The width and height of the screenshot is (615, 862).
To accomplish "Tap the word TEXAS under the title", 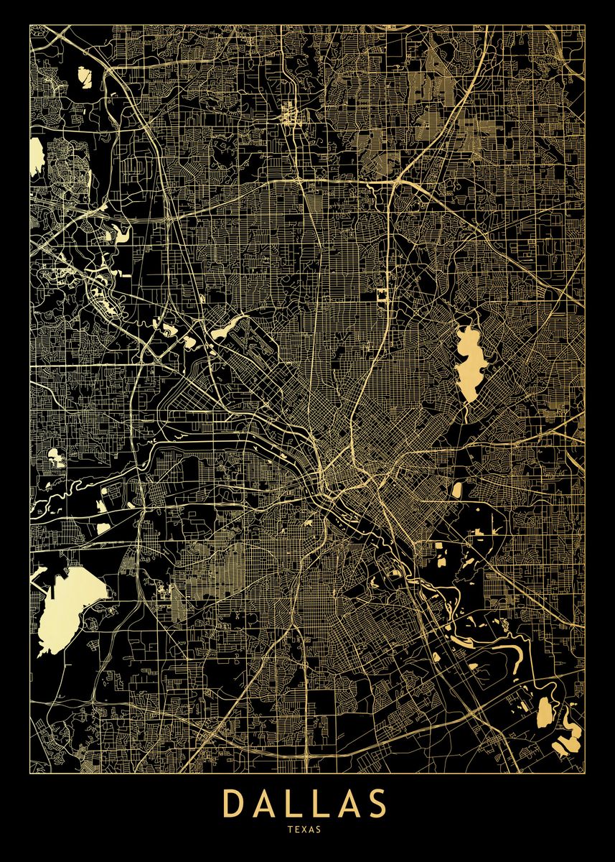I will [x=307, y=829].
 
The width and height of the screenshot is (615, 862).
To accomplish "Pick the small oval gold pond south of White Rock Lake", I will [x=456, y=490].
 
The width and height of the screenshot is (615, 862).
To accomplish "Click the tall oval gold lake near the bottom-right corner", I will [x=545, y=711].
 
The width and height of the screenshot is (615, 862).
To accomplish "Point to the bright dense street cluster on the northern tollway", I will [x=290, y=114].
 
